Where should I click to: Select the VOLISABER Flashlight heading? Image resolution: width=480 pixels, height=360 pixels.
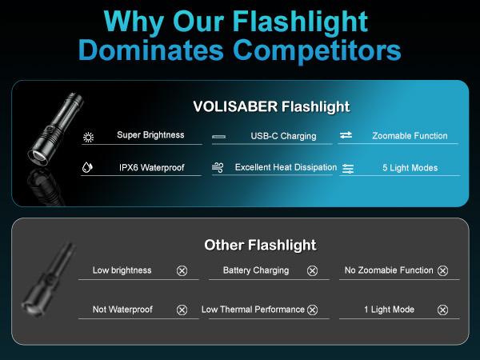tap(271, 106)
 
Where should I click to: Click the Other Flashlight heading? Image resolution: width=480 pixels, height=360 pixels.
tap(260, 245)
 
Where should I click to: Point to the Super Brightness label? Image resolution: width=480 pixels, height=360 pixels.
tap(150, 135)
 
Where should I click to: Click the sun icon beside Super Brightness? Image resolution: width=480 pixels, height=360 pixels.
tap(88, 137)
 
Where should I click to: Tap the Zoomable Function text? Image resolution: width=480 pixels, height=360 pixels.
tap(410, 136)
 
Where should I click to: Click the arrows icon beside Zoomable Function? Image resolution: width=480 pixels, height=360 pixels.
tap(346, 136)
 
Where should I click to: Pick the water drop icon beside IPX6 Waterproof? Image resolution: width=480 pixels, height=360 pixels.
tap(88, 168)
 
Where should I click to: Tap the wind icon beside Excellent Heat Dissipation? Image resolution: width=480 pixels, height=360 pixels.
tap(218, 168)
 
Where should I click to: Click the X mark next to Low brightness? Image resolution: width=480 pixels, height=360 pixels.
tap(182, 271)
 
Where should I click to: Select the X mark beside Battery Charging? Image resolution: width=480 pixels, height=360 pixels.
tap(312, 271)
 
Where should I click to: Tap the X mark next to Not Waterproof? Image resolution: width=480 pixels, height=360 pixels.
tap(182, 310)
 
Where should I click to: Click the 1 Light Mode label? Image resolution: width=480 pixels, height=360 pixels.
tap(389, 310)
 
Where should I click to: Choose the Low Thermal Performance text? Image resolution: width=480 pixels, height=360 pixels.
tap(253, 310)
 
